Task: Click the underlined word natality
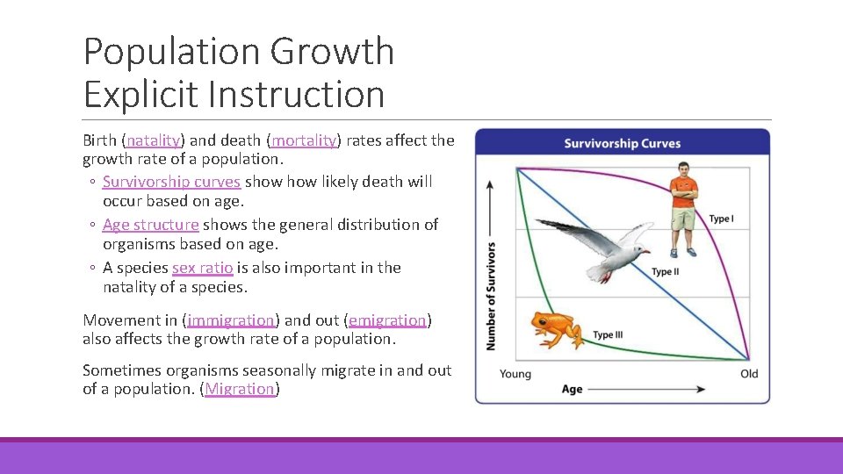click(x=154, y=140)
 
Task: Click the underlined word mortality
click(x=304, y=140)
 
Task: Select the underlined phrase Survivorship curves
click(x=171, y=182)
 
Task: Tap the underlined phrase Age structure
click(x=150, y=225)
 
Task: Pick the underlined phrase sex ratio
click(x=202, y=268)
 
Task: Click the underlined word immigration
click(x=231, y=320)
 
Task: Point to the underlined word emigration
click(x=387, y=320)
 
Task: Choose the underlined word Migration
click(x=240, y=389)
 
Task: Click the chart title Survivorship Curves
click(x=622, y=143)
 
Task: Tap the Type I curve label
click(x=721, y=219)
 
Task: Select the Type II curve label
click(x=665, y=272)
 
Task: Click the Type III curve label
click(x=609, y=334)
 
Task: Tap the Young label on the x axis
click(x=515, y=374)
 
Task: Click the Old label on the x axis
click(x=749, y=374)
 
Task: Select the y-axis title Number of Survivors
click(x=491, y=296)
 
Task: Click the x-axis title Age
click(x=572, y=389)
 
